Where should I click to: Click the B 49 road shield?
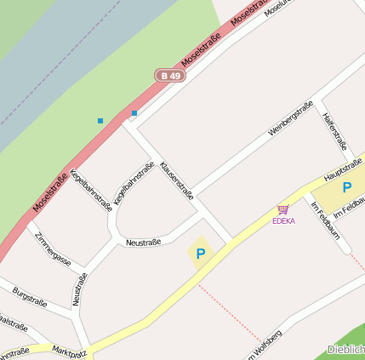tap(169, 76)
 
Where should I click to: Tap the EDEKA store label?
tap(283, 221)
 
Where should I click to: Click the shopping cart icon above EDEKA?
tap(282, 209)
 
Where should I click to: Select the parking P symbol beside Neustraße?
tap(201, 253)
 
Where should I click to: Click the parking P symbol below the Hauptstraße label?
tap(347, 187)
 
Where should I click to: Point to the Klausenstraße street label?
tap(177, 179)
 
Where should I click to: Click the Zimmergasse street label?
tap(53, 247)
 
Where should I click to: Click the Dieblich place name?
tap(345, 350)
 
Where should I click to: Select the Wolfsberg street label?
tap(265, 344)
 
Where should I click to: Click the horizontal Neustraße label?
tap(143, 243)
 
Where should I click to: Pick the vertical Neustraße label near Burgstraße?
tap(79, 289)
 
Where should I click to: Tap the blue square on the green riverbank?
tap(100, 121)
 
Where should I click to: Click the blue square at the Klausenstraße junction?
tap(134, 112)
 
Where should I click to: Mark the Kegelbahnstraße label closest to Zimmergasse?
tap(91, 189)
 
